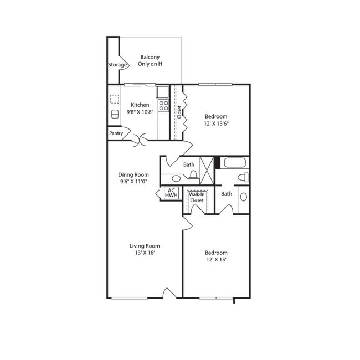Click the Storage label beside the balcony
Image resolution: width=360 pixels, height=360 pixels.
point(117,65)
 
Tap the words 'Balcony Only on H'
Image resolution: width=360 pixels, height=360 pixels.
point(150,60)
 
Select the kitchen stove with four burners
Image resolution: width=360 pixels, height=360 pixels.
point(163,105)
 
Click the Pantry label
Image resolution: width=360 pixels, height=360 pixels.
point(116,133)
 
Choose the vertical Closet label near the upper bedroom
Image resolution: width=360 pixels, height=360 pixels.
point(179,111)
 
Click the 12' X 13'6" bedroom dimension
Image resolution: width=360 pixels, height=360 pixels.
point(216,124)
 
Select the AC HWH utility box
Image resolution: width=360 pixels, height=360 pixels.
point(171,193)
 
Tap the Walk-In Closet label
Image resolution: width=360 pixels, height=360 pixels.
point(196,198)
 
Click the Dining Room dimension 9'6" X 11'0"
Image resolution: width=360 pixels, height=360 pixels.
point(133,182)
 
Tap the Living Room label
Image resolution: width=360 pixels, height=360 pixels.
point(145,246)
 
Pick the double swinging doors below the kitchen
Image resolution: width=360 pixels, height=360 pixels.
point(140,140)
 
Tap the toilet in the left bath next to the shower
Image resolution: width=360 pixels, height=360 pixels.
point(193,175)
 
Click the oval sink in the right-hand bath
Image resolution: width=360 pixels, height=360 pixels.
point(243,197)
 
